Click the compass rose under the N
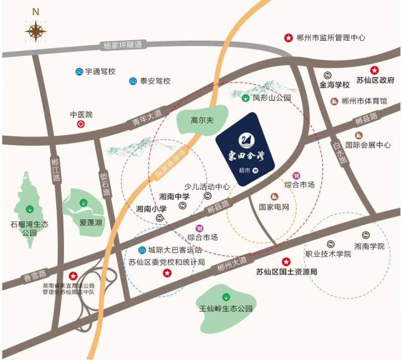pos(36,32)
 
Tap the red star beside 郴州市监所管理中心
pos(288,38)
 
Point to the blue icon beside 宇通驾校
pos(79,72)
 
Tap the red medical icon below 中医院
pos(81,124)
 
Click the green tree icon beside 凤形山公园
pos(245,98)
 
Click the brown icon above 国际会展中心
pos(360,135)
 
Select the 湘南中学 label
pos(174,197)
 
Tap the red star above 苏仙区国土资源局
pos(286,262)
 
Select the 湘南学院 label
pos(369,246)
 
